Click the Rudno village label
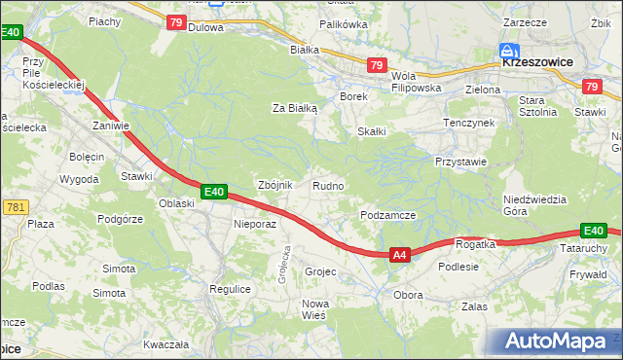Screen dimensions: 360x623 327,185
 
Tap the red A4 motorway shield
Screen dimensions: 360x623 398,255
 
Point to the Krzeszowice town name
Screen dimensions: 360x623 537,60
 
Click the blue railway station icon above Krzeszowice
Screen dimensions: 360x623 508,49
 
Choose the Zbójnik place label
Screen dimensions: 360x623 273,185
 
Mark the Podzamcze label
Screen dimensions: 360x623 388,215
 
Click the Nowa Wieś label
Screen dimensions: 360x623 314,309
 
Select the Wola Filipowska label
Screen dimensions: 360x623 416,81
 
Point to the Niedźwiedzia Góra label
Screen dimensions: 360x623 534,205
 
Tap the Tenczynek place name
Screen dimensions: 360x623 469,124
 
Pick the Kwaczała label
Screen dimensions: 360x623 165,344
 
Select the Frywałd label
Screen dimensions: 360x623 588,274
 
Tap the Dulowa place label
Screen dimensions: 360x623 205,28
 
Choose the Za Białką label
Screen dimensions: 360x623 295,109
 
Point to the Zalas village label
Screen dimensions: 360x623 474,306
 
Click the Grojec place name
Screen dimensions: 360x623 320,271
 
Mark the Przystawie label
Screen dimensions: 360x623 460,162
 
